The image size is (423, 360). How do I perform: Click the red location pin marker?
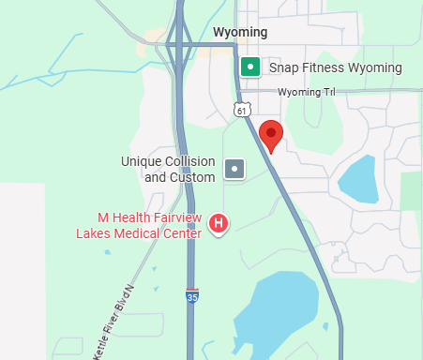click(271, 135)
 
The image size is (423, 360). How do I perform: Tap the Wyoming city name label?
click(240, 33)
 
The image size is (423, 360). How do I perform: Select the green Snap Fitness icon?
click(249, 67)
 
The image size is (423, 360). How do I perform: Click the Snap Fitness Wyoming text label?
click(335, 67)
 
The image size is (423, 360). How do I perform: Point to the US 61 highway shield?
click(242, 111)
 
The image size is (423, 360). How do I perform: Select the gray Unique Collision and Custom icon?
click(234, 169)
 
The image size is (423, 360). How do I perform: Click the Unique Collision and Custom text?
click(169, 169)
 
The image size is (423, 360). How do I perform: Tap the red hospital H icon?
click(219, 222)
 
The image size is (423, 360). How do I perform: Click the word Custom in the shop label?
click(194, 176)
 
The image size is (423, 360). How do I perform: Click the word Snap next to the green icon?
click(283, 67)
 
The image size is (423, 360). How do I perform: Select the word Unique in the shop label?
click(141, 161)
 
